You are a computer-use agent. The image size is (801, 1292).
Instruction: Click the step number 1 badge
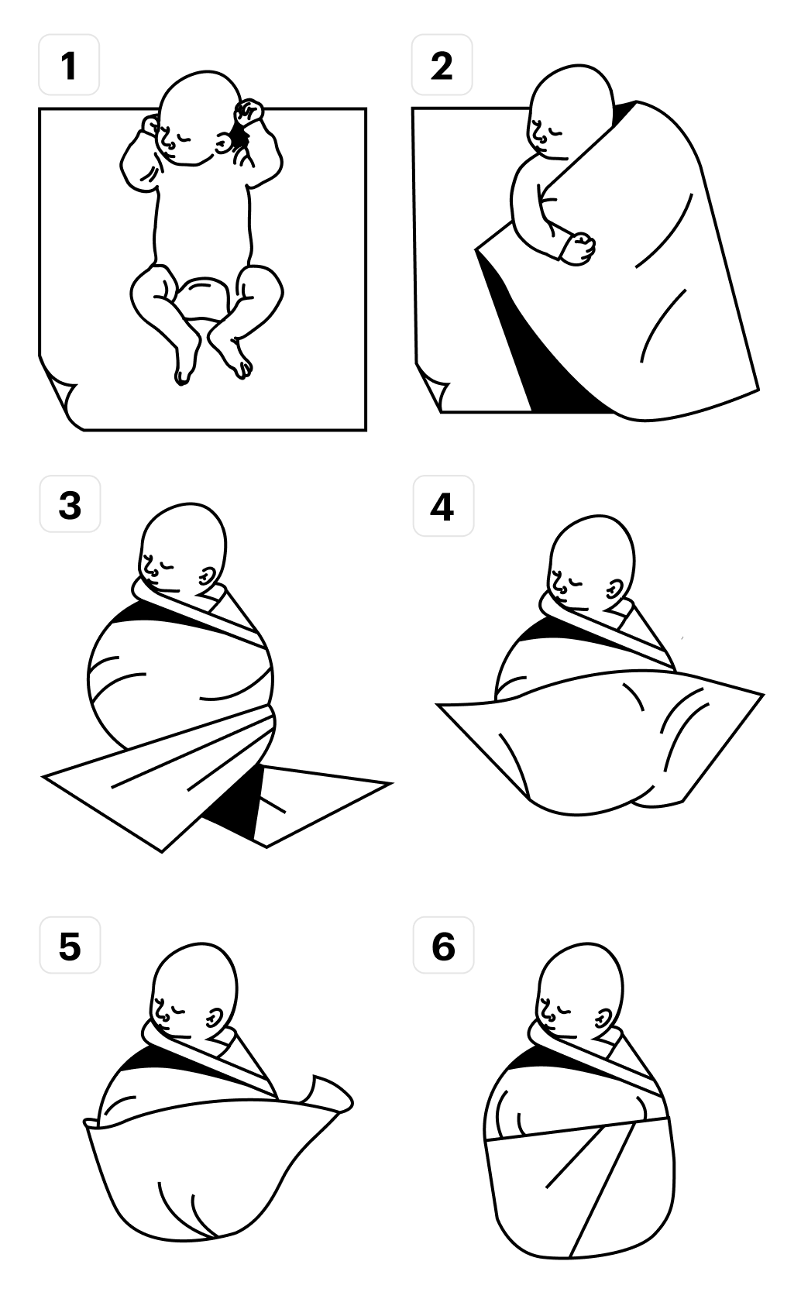coord(69,64)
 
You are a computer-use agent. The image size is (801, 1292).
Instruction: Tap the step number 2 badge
coord(442,64)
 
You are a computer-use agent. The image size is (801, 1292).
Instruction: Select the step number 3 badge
coord(70,503)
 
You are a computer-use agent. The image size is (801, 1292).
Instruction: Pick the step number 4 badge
coord(443,506)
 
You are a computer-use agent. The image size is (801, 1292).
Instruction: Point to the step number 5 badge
coord(70,945)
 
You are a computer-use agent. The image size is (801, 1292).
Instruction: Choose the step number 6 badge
coord(443,945)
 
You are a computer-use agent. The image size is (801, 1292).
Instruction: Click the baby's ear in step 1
coord(223,143)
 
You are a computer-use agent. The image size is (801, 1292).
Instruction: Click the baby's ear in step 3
coord(208,576)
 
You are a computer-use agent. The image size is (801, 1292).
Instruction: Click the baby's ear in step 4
coord(616,589)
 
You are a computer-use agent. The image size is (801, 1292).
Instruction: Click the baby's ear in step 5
coord(216,1018)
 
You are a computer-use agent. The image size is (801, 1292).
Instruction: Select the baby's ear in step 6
coord(606,1018)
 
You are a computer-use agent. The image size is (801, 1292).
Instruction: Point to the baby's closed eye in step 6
coord(561,1009)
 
